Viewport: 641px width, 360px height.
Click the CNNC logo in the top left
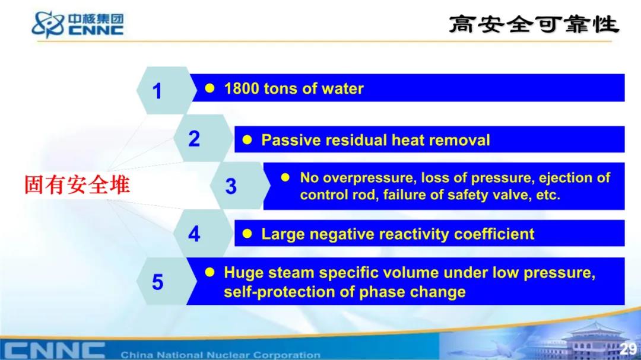78,24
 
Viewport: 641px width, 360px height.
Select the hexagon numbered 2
202,138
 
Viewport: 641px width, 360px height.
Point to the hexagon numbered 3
240,186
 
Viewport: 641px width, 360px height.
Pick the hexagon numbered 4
202,234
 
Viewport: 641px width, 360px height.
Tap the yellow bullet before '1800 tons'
210,88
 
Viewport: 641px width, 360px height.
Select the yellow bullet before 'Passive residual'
247,140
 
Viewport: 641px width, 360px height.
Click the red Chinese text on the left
77,184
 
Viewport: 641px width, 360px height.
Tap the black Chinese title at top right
534,24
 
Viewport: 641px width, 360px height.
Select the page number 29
628,349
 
